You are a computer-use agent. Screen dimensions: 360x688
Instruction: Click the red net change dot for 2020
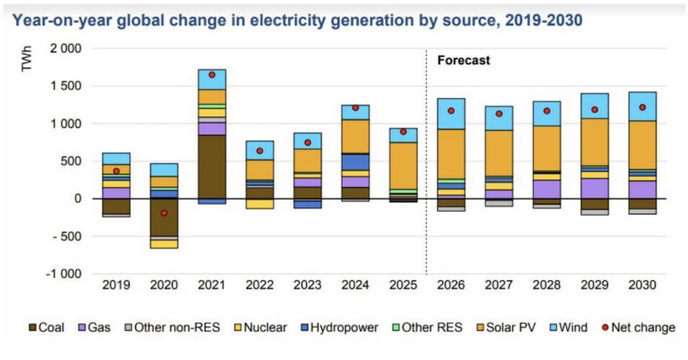pos(164,213)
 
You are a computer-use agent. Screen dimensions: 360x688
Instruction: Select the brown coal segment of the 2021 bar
pos(212,166)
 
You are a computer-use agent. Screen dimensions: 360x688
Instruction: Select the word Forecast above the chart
pos(463,60)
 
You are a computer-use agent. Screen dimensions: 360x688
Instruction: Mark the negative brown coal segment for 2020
pos(164,217)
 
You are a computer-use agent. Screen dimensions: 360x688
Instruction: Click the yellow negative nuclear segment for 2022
pos(259,204)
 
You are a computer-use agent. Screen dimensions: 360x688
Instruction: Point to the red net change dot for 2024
pos(355,108)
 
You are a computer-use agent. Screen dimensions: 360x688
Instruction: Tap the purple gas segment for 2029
pos(594,188)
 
